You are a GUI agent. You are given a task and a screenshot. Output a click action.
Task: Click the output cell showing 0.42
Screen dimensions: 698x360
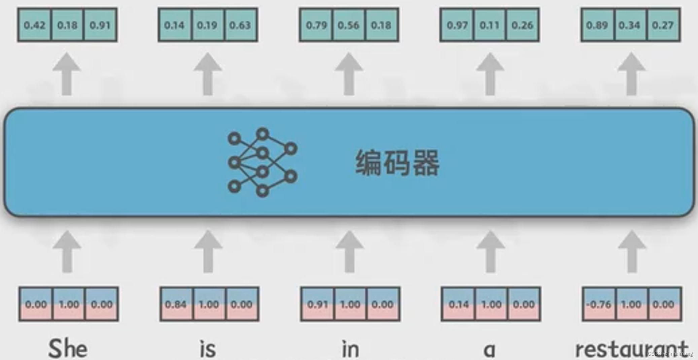[35, 25]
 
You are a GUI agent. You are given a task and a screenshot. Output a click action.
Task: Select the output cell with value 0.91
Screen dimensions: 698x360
[100, 25]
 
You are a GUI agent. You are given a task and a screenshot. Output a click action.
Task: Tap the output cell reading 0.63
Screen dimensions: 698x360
[240, 25]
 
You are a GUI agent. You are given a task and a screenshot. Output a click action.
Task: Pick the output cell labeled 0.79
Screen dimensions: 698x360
[316, 25]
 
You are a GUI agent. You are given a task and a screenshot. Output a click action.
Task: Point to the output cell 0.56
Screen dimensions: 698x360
[349, 25]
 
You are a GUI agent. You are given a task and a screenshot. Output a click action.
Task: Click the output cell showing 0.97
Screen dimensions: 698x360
[457, 25]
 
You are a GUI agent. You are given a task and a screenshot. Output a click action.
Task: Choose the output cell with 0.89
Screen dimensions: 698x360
[597, 25]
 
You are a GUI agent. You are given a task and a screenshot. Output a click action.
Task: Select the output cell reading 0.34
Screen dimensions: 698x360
[630, 25]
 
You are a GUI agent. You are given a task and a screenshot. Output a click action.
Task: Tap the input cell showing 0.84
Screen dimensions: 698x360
[176, 304]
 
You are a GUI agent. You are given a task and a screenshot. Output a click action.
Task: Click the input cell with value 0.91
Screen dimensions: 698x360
[317, 304]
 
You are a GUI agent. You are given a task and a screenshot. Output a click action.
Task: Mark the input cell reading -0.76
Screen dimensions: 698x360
[599, 304]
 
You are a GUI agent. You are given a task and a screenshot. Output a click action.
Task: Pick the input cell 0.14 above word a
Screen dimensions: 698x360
[458, 304]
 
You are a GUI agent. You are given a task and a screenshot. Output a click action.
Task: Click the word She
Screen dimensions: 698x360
[68, 349]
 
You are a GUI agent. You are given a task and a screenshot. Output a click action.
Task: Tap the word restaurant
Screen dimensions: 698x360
[631, 349]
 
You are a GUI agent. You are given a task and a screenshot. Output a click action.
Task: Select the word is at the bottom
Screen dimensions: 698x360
[208, 349]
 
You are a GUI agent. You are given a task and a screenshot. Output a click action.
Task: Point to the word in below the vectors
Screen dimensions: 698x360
[350, 349]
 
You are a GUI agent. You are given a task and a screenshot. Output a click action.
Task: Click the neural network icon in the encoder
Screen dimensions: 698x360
[262, 162]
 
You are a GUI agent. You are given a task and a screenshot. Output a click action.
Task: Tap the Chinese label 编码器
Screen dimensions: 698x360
[397, 163]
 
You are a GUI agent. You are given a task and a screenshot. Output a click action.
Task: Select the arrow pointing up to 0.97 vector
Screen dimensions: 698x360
[490, 74]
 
